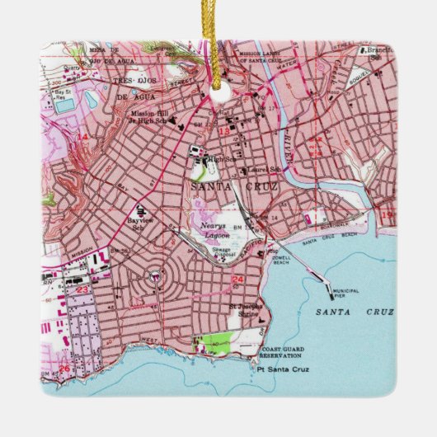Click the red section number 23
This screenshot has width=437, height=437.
(82, 289)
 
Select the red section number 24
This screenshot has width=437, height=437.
(238, 280)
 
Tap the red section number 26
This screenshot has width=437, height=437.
(64, 368)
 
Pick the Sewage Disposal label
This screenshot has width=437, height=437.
(224, 253)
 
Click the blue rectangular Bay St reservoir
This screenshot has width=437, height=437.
(63, 106)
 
